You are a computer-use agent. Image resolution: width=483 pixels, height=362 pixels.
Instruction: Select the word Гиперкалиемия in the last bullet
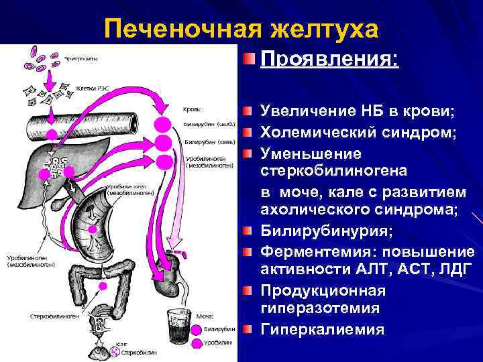[322, 329]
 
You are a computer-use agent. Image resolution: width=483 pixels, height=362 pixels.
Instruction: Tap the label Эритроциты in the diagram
[81, 58]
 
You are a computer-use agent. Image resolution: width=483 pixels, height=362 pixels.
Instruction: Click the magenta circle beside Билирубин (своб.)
[162, 125]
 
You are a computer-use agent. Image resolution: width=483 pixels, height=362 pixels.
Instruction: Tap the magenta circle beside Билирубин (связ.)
[162, 143]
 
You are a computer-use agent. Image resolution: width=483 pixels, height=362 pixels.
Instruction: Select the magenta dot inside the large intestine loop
[103, 286]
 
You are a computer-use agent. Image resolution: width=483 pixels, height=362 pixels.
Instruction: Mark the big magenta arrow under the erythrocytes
[48, 77]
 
